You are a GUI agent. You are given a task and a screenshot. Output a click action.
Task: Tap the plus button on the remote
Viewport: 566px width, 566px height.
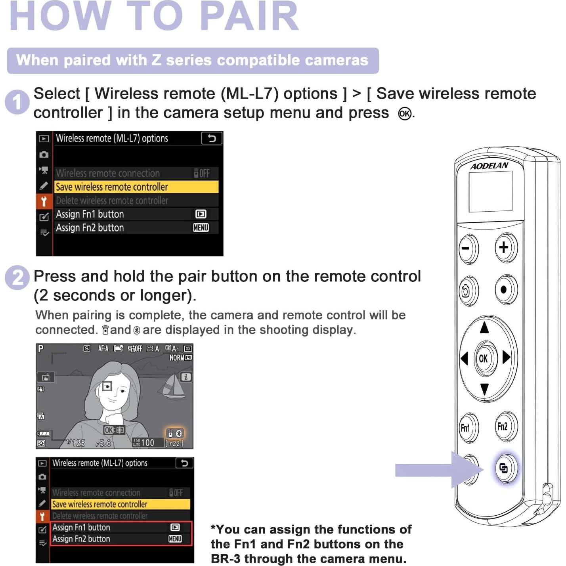[x=505, y=247]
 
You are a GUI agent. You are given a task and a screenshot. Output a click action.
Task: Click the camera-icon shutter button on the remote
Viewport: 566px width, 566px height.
[x=467, y=291]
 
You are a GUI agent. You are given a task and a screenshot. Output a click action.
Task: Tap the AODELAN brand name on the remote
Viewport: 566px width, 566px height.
[x=489, y=166]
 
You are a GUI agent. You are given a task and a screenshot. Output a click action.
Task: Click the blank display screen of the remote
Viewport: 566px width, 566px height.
[x=490, y=192]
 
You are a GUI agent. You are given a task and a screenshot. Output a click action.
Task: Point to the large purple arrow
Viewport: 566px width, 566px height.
[x=436, y=470]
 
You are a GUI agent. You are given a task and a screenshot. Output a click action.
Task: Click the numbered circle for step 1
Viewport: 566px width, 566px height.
[x=17, y=102]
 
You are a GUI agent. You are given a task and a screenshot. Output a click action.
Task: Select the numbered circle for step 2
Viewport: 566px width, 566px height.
[x=17, y=277]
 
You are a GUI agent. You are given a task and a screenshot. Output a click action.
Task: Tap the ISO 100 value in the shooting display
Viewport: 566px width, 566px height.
[x=147, y=442]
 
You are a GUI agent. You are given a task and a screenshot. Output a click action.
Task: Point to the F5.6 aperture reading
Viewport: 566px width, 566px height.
[x=103, y=443]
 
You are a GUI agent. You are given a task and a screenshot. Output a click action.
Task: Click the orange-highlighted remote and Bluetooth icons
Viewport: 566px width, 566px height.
[x=174, y=433]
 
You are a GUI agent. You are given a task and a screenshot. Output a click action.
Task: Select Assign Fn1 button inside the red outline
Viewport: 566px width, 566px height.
[x=82, y=528]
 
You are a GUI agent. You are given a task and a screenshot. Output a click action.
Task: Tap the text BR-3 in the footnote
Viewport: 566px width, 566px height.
[x=225, y=559]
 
